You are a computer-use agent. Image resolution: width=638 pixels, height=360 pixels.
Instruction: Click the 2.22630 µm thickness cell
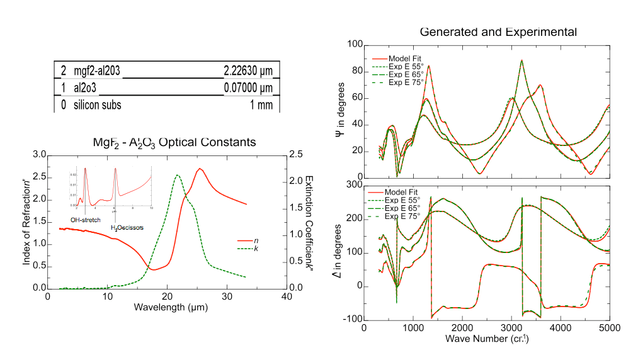pyautogui.click(x=248, y=70)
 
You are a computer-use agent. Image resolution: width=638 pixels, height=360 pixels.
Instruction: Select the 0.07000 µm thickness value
pyautogui.click(x=248, y=87)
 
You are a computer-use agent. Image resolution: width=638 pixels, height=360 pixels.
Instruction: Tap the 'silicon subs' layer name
pyautogui.click(x=97, y=105)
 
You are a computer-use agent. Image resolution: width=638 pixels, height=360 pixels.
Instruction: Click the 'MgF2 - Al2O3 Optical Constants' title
pyautogui.click(x=174, y=142)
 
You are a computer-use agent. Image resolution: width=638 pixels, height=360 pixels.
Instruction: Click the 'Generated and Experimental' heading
pyautogui.click(x=498, y=31)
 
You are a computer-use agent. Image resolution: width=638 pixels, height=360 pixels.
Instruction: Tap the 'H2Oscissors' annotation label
pyautogui.click(x=127, y=227)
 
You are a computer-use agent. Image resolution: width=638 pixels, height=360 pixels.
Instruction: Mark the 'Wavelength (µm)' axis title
pyautogui.click(x=171, y=308)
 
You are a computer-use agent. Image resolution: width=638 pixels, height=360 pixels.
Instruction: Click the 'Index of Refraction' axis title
pyautogui.click(x=27, y=221)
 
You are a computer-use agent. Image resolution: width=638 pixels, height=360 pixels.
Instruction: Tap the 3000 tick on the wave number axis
pyautogui.click(x=511, y=328)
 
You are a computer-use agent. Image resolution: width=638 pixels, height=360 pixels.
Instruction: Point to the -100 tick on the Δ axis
pyautogui.click(x=351, y=319)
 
